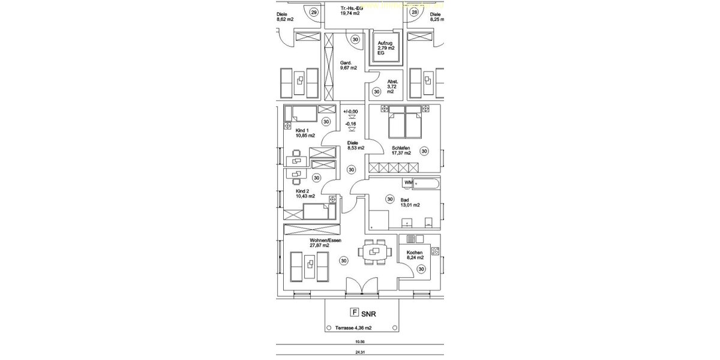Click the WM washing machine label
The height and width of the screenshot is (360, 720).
pyautogui.click(x=408, y=182)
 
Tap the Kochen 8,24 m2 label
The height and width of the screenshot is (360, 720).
pyautogui.click(x=415, y=256)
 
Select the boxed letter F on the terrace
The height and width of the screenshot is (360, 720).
pyautogui.click(x=355, y=313)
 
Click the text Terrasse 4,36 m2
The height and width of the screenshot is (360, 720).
pyautogui.click(x=353, y=328)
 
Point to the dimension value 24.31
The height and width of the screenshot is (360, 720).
pyautogui.click(x=360, y=353)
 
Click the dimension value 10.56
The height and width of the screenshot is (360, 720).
pyautogui.click(x=360, y=341)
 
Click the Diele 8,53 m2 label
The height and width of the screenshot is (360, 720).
pyautogui.click(x=355, y=146)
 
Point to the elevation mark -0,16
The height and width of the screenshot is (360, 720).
pyautogui.click(x=350, y=124)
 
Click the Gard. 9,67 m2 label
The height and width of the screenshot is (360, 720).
pyautogui.click(x=348, y=65)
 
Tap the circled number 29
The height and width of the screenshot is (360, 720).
pyautogui.click(x=314, y=12)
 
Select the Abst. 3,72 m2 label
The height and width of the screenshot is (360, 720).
pyautogui.click(x=392, y=87)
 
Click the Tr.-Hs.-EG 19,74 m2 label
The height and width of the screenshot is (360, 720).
pyautogui.click(x=351, y=10)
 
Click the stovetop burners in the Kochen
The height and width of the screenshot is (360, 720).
pyautogui.click(x=435, y=251)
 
